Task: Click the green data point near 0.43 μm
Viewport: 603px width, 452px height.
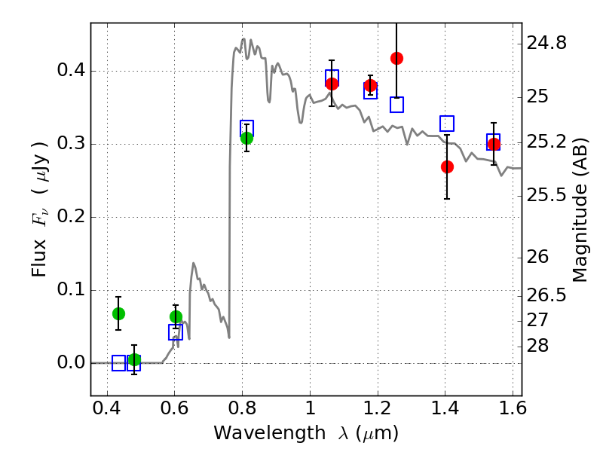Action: pos(118,313)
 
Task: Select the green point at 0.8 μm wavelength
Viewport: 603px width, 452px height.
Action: pos(246,138)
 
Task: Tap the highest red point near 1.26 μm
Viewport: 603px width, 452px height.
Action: pos(396,58)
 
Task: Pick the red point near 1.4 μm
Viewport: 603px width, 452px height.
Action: pos(447,166)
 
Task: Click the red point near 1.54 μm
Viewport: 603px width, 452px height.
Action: pos(494,144)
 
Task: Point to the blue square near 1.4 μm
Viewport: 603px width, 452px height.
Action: pos(447,124)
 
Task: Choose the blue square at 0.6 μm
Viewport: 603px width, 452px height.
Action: pos(176,332)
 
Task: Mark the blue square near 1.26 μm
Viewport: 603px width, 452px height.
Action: pos(396,105)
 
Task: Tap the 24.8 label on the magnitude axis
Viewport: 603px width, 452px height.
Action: pos(549,43)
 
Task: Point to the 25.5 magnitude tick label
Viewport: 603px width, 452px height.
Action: pos(549,196)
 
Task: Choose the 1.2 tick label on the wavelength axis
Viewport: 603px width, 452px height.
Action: pos(377,413)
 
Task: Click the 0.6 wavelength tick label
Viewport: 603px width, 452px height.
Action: pos(174,413)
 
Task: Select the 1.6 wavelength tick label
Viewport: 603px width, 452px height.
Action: pos(513,413)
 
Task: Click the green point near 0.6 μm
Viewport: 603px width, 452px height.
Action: pos(176,316)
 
